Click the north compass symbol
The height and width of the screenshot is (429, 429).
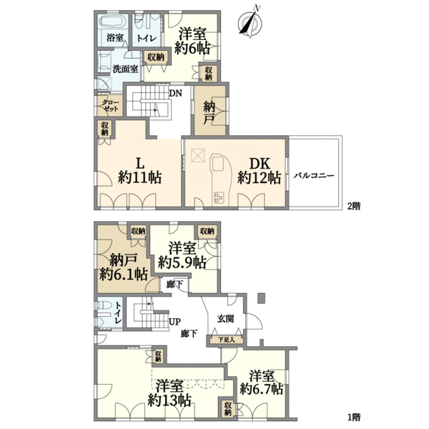(x=250, y=23)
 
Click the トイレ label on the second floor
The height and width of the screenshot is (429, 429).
(x=147, y=39)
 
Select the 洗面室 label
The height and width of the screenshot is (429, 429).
(x=126, y=69)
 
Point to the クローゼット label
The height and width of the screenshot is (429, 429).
(x=111, y=106)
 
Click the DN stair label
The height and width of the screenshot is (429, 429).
(x=175, y=94)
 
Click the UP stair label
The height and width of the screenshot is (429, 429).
(x=175, y=322)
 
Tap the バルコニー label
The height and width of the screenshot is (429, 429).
(x=314, y=175)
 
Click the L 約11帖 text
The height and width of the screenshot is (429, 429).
(x=140, y=172)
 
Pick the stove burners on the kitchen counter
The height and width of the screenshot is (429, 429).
(x=219, y=197)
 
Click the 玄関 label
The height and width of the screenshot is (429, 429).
(x=226, y=318)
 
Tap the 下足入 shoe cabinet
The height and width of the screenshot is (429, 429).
(x=226, y=340)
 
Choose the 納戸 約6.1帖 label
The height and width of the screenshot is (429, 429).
(x=124, y=267)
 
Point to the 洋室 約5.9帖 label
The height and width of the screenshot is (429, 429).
(x=182, y=255)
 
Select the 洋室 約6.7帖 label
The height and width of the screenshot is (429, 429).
(x=261, y=383)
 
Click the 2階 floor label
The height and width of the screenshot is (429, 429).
(x=354, y=206)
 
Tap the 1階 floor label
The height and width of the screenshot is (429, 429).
(x=354, y=418)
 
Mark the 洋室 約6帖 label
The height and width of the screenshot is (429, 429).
(x=192, y=41)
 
